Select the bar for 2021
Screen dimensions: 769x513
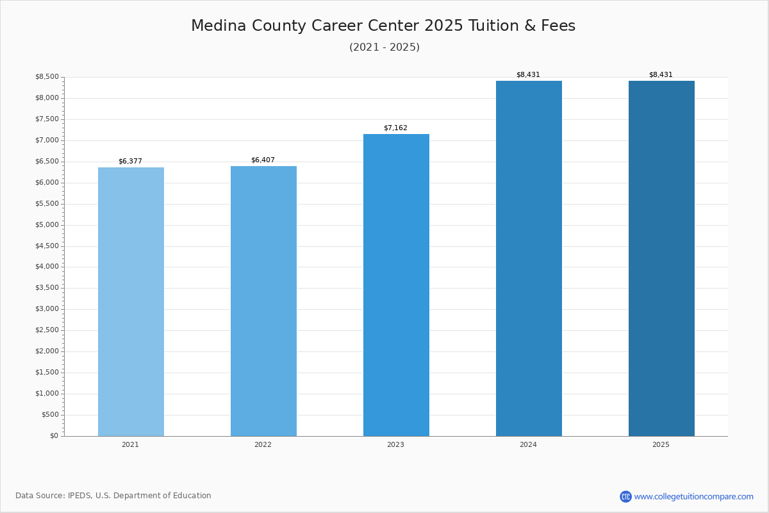coord(131,301)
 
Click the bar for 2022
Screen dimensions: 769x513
coord(263,301)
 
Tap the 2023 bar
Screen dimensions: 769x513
coord(396,285)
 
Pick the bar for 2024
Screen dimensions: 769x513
coord(529,258)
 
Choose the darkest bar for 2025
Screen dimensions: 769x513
coord(661,258)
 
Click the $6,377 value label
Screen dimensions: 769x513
coord(131,161)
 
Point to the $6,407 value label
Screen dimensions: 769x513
coord(263,160)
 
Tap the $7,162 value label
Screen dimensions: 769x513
coord(395,128)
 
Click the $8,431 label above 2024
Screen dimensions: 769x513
coord(528,74)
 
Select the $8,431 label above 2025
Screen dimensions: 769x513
coord(661,74)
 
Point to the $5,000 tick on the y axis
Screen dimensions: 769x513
coord(47,224)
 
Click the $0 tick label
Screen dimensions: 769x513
coord(54,435)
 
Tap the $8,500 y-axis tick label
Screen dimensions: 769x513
coord(47,76)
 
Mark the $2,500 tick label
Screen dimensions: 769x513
coord(47,330)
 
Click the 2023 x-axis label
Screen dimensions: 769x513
coord(395,444)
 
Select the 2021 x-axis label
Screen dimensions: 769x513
coord(131,444)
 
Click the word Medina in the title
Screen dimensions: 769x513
coord(219,26)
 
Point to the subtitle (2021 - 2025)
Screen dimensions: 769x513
coord(384,47)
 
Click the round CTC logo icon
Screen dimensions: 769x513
coord(625,496)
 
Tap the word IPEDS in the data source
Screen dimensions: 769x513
coord(79,496)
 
